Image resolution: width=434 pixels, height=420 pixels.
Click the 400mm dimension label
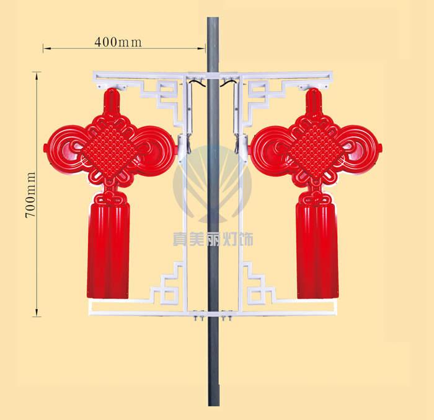118,42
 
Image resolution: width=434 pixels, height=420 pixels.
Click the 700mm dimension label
30,195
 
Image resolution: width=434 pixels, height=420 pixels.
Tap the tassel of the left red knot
108,250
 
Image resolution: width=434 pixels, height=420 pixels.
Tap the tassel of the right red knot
317,250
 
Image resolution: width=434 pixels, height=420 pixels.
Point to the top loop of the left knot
112,102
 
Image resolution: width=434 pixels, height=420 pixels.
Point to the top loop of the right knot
314,102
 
